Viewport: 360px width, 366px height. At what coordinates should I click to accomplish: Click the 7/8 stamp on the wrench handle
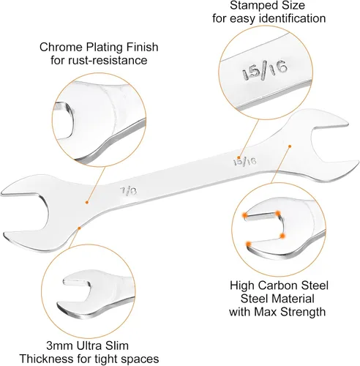tap(128, 190)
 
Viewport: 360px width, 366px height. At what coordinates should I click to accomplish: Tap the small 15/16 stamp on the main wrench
tap(245, 161)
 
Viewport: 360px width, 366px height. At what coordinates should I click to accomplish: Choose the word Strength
tap(303, 312)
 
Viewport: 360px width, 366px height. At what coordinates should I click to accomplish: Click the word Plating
tap(101, 47)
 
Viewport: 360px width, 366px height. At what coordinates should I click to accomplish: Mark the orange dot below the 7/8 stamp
tap(86, 202)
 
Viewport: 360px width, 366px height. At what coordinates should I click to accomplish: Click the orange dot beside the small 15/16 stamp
tap(239, 157)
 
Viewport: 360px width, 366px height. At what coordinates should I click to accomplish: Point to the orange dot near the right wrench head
tap(290, 146)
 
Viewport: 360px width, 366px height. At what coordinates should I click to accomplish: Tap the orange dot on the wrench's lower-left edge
tap(79, 228)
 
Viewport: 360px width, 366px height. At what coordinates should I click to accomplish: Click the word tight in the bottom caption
tap(105, 359)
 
